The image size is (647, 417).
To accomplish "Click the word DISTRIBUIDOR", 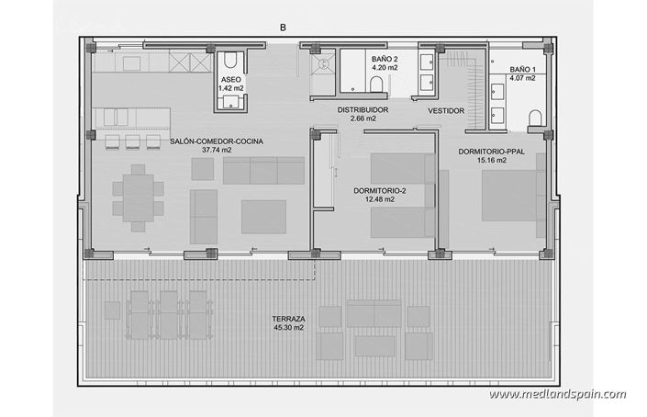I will tap(363, 110).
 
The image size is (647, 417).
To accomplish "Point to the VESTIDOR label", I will tap(445, 111).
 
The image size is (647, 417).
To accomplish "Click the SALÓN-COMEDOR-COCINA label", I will tap(217, 141).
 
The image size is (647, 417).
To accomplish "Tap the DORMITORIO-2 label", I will tap(379, 191).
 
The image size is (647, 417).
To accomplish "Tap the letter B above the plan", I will tap(283, 28).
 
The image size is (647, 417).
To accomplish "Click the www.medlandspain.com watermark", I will tap(557, 395).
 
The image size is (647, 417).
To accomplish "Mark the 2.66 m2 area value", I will tap(363, 119).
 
